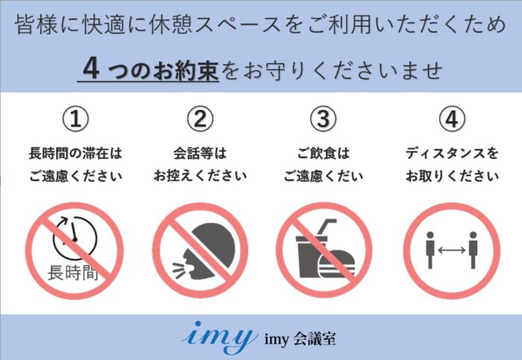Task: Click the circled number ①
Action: pyautogui.click(x=76, y=119)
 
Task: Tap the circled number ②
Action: pyautogui.click(x=200, y=119)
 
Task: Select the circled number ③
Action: pyautogui.click(x=323, y=119)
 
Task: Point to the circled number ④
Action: pyautogui.click(x=452, y=119)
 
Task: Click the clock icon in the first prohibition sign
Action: pyautogui.click(x=75, y=239)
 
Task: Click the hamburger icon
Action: pyautogui.click(x=337, y=265)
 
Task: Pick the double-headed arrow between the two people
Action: pyautogui.click(x=451, y=250)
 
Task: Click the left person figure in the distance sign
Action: pyautogui.click(x=430, y=250)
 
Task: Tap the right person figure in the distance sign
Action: pyautogui.click(x=473, y=250)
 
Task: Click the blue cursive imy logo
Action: pyautogui.click(x=219, y=337)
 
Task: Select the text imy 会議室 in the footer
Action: pyautogui.click(x=300, y=339)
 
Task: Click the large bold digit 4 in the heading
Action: pyautogui.click(x=91, y=69)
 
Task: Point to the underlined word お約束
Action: pyautogui.click(x=185, y=70)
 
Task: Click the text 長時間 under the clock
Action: pyautogui.click(x=73, y=273)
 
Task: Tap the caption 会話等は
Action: pyautogui.click(x=200, y=154)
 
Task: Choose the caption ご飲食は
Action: pyautogui.click(x=323, y=154)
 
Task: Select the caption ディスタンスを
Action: pyautogui.click(x=452, y=154)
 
